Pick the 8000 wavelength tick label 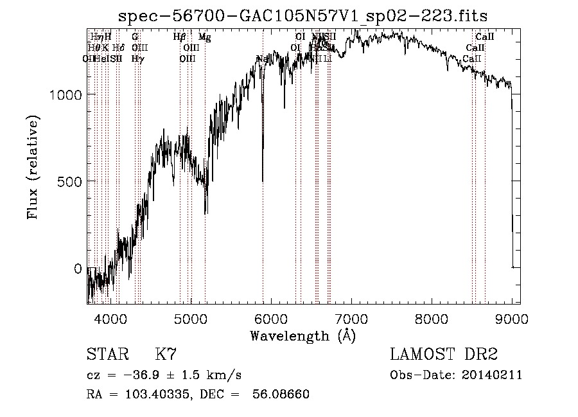[432, 318]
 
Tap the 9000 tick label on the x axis [511, 318]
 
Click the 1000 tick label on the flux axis [66, 94]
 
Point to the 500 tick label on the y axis [71, 181]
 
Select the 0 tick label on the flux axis [78, 268]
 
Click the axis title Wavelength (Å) [302, 335]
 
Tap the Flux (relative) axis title [33, 168]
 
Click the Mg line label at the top [204, 37]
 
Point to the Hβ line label [180, 37]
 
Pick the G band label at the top [135, 37]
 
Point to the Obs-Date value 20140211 [493, 375]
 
